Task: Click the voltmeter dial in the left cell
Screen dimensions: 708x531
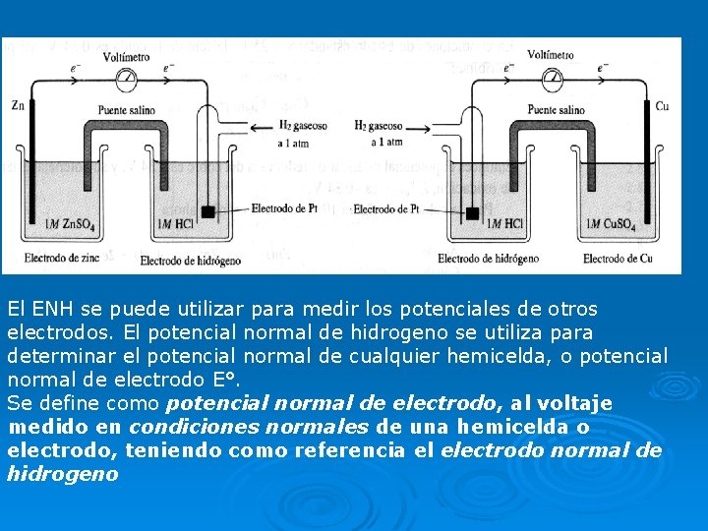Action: [127, 77]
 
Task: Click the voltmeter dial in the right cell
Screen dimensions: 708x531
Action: [553, 77]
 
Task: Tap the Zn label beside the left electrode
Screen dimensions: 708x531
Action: [17, 104]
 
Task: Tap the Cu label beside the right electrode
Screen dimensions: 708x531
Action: [662, 105]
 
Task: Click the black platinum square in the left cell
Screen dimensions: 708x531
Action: [207, 211]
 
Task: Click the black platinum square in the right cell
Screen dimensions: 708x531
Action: [473, 212]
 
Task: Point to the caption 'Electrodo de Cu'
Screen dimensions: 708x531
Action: [618, 259]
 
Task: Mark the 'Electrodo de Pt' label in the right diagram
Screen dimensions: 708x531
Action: [386, 208]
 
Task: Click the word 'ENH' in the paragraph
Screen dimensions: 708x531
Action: [53, 309]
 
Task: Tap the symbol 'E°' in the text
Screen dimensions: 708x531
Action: [228, 380]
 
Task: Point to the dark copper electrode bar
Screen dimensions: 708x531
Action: [648, 167]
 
